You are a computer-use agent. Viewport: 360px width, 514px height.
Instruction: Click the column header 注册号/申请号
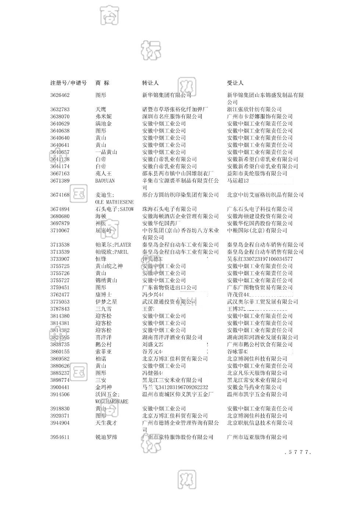(68, 83)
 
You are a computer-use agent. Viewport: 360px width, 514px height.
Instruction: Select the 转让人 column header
(150, 83)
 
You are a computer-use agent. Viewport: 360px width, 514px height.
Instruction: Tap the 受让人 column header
(235, 83)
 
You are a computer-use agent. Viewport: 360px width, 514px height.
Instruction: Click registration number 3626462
(60, 95)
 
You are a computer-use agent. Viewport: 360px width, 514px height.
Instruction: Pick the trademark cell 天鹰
(101, 109)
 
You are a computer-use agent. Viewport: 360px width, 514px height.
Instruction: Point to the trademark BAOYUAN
(105, 181)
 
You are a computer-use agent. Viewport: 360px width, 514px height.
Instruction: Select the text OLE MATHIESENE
(114, 202)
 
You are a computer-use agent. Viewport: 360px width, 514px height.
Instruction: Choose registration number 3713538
(60, 245)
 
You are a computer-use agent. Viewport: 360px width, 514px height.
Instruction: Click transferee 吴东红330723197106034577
(260, 259)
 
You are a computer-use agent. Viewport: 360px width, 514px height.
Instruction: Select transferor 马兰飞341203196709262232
(175, 387)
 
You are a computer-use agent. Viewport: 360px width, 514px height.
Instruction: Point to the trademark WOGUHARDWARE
(112, 402)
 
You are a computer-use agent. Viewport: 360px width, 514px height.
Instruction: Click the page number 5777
(298, 452)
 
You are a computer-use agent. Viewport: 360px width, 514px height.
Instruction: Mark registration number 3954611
(60, 437)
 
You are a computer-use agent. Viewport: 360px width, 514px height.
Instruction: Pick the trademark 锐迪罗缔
(106, 437)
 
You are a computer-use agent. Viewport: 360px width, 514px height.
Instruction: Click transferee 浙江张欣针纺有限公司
(254, 109)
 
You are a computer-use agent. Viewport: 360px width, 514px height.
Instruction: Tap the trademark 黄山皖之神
(109, 266)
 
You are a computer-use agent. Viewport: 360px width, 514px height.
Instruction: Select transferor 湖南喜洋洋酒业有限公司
(172, 337)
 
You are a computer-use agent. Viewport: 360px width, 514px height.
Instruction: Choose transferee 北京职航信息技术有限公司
(260, 423)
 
